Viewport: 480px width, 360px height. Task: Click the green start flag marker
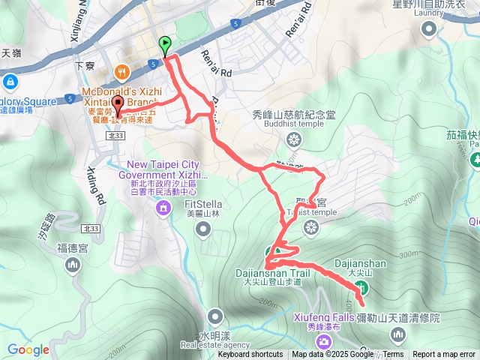pyautogui.click(x=165, y=46)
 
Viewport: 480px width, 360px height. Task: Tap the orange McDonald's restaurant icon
pyautogui.click(x=121, y=72)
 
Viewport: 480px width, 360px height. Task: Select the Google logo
pyautogui.click(x=28, y=349)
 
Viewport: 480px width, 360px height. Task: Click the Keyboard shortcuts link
pyautogui.click(x=250, y=354)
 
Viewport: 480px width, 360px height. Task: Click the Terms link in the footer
pyautogui.click(x=393, y=354)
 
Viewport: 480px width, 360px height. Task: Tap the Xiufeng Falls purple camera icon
pyautogui.click(x=324, y=342)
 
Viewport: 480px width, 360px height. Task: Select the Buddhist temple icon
pyautogui.click(x=294, y=139)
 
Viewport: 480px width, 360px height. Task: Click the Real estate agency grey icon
pyautogui.click(x=215, y=316)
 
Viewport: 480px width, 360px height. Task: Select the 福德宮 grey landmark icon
pyautogui.click(x=73, y=264)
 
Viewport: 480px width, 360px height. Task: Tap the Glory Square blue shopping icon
pyautogui.click(x=10, y=81)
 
